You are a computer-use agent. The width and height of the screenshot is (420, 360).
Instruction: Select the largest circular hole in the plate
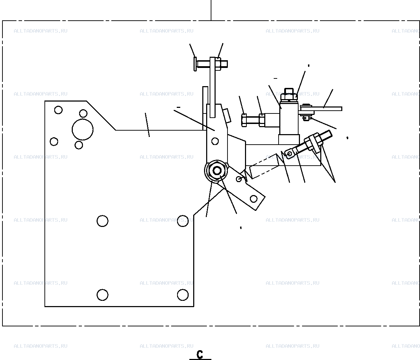click(x=83, y=130)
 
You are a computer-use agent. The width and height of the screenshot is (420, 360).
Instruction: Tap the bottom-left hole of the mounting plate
click(x=103, y=295)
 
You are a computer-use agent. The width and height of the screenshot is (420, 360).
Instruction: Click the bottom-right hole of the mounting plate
click(x=183, y=295)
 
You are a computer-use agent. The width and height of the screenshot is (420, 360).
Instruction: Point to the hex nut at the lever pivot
click(x=217, y=171)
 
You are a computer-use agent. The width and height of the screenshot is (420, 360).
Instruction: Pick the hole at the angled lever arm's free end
click(x=253, y=199)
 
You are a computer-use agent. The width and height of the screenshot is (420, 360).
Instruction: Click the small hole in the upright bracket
click(x=215, y=141)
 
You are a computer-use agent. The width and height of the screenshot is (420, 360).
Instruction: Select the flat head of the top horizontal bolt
click(x=195, y=64)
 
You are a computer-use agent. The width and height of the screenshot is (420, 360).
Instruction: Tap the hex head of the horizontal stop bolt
click(x=244, y=120)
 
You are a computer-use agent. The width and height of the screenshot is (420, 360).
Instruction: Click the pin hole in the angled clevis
click(x=289, y=154)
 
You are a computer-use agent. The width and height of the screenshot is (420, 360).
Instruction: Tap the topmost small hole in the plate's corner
click(x=58, y=110)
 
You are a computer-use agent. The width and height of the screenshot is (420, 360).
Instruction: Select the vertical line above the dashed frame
click(x=211, y=10)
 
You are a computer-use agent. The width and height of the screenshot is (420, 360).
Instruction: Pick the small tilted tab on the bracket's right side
click(x=227, y=116)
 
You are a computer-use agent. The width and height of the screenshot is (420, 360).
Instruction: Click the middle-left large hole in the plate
click(x=103, y=221)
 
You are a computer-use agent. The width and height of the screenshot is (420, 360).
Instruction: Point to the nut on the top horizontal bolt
click(x=218, y=64)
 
